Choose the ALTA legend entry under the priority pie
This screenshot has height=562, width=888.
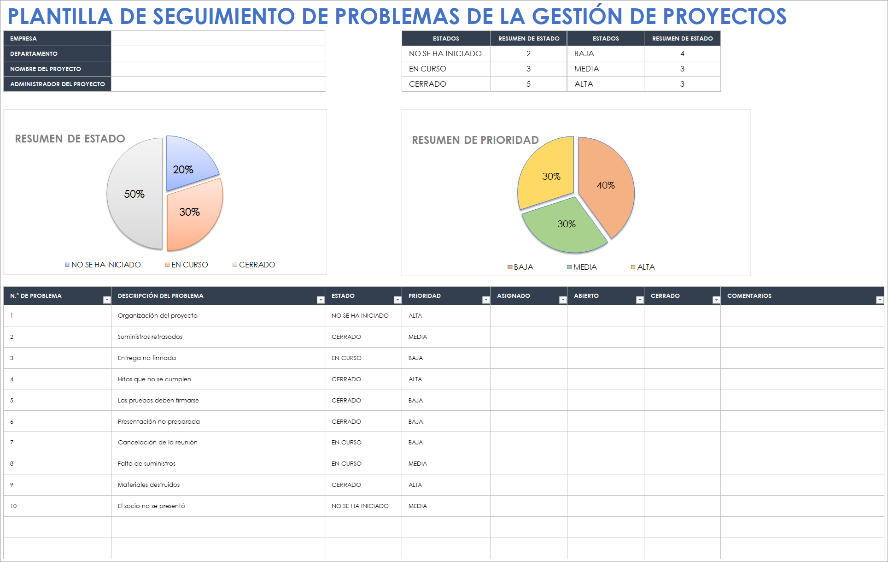(645, 267)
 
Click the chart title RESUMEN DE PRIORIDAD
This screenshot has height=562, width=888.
(475, 140)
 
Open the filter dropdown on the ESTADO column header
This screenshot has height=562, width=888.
(397, 300)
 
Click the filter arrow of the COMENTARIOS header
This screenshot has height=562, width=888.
(879, 300)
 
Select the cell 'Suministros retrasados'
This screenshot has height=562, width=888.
(150, 337)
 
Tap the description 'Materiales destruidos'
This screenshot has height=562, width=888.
(149, 485)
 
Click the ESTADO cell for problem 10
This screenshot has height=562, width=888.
(360, 506)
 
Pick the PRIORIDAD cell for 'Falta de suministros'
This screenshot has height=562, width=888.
(418, 464)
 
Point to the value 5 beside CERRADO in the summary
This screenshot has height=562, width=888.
(528, 84)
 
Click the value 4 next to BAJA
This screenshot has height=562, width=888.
(682, 53)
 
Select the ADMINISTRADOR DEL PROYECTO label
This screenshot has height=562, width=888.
(58, 84)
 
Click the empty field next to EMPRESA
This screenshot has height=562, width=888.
(218, 38)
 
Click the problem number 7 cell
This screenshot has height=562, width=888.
(12, 443)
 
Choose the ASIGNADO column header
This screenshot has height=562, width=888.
(514, 296)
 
